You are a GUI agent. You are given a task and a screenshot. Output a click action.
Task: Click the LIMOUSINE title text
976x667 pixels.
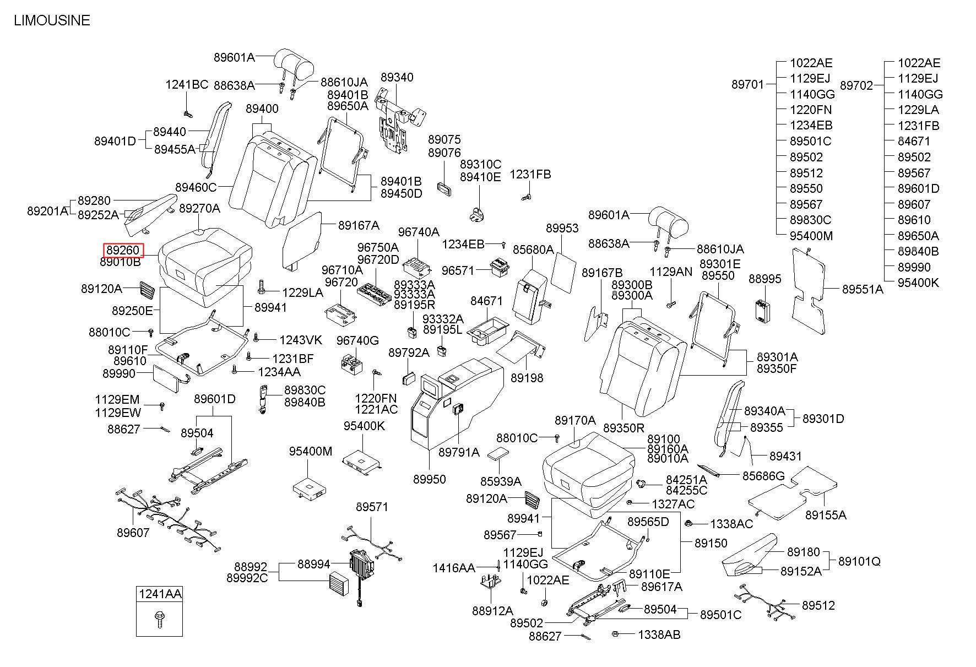coord(52,20)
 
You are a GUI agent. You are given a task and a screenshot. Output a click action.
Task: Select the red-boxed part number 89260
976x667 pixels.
coord(123,250)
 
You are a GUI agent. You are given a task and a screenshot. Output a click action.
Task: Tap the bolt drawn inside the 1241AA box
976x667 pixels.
coord(159,621)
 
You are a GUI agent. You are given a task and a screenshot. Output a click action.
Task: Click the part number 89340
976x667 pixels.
coord(397,77)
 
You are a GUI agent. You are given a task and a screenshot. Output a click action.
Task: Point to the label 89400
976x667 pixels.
coord(262,109)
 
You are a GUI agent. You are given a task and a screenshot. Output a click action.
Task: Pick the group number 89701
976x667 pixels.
coord(748,84)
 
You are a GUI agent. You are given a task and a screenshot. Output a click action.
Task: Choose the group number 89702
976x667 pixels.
coord(856,85)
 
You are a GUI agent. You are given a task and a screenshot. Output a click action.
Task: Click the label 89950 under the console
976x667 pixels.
coord(430,479)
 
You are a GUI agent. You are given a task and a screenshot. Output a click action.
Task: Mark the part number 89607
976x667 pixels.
coord(133,533)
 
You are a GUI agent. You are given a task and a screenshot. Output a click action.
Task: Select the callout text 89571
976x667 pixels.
coord(372,507)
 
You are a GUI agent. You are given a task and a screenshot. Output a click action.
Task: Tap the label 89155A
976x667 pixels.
coord(826,515)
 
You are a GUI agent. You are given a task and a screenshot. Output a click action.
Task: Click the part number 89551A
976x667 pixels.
coord(863,289)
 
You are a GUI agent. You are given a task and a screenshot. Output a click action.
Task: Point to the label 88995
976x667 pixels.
coord(765,279)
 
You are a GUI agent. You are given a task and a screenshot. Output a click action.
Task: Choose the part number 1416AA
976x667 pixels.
coord(454,568)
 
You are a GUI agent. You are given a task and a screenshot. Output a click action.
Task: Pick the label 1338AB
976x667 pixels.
coord(659,635)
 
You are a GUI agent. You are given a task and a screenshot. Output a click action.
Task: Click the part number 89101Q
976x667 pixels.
coord(859,561)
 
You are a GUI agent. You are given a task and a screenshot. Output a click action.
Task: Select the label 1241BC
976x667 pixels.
coord(187,84)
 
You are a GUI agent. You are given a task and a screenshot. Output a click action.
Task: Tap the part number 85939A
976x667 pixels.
coord(501,481)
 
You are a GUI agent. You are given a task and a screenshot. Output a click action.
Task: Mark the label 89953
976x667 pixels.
coord(562,228)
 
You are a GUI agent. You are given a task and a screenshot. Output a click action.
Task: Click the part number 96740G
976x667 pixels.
coord(358,340)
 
